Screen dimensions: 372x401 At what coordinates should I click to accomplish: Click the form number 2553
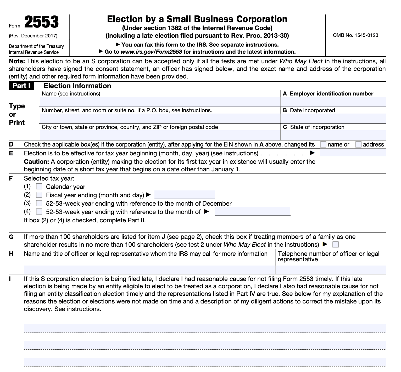point(41,22)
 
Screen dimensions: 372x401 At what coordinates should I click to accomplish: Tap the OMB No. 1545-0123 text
point(355,35)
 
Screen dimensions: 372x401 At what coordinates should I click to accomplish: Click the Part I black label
point(21,86)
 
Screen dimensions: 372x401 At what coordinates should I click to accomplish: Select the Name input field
point(159,102)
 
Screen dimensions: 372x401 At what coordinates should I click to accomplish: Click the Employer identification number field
point(333,102)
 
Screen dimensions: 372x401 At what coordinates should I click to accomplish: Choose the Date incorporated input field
point(333,118)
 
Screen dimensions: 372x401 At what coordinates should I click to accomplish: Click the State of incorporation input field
point(333,135)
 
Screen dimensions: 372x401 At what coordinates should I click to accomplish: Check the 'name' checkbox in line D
point(323,144)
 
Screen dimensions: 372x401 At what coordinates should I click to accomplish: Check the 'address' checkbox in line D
point(358,144)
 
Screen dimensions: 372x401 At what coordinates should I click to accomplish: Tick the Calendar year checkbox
point(39,187)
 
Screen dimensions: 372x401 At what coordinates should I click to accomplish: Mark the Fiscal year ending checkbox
point(39,195)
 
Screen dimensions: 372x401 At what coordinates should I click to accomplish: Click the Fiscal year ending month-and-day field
point(185,195)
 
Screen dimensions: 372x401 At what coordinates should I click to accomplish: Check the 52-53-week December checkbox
point(39,203)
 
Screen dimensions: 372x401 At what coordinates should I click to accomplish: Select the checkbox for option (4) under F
point(39,212)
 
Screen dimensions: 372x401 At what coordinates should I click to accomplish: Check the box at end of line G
point(335,245)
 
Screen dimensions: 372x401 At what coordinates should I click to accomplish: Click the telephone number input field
point(330,269)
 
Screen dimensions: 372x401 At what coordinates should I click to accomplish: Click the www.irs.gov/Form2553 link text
point(151,52)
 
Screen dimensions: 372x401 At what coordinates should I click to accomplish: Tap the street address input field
point(159,118)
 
